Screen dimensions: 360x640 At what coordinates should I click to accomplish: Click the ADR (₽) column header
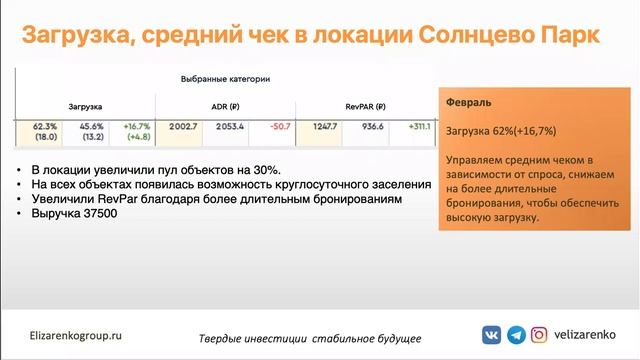click(225, 104)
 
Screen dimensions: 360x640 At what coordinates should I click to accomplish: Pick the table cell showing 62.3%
click(44, 127)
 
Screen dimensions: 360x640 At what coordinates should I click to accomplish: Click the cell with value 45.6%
click(91, 127)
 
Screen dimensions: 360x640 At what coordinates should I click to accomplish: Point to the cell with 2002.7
click(184, 127)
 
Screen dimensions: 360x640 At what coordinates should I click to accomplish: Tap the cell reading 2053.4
click(230, 127)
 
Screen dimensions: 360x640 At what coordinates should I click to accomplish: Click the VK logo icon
click(493, 335)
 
